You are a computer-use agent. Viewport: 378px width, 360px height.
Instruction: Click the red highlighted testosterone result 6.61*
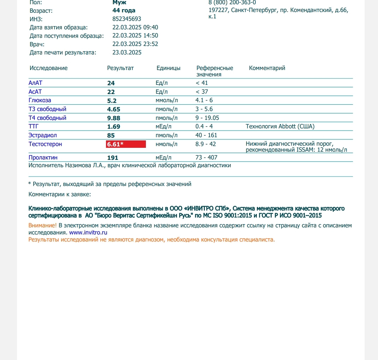[x=126, y=144]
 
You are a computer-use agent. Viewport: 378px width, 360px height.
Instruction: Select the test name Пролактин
[x=43, y=158]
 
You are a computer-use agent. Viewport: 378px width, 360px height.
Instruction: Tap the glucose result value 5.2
[x=112, y=100]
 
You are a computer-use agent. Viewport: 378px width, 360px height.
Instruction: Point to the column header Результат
[x=120, y=68]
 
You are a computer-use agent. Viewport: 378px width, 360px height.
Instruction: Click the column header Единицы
[x=169, y=68]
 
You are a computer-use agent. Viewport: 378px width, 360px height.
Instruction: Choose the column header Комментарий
[x=267, y=68]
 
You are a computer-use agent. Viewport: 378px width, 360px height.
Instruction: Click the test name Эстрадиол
[x=43, y=135]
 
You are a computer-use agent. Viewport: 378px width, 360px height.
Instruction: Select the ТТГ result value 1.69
[x=114, y=127]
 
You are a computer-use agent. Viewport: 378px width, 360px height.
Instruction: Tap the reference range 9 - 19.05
[x=207, y=118]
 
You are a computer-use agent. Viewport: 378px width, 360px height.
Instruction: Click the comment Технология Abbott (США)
[x=280, y=126]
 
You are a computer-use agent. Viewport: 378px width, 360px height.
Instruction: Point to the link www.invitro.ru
[x=88, y=233]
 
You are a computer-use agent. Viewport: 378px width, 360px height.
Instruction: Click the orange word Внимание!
[x=42, y=226]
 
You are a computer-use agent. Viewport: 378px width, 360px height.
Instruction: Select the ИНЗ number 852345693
[x=126, y=19]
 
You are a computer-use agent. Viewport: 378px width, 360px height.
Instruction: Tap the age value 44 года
[x=124, y=10]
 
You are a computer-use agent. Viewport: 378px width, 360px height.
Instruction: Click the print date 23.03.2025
[x=127, y=52]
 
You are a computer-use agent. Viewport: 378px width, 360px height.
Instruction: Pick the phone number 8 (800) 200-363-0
[x=232, y=2]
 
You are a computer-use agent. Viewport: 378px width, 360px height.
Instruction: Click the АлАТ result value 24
[x=111, y=83]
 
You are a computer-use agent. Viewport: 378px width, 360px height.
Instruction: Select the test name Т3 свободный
[x=47, y=109]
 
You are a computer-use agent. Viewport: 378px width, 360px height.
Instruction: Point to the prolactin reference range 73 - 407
[x=206, y=157]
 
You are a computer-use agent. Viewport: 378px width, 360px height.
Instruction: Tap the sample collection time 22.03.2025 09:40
[x=135, y=27]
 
